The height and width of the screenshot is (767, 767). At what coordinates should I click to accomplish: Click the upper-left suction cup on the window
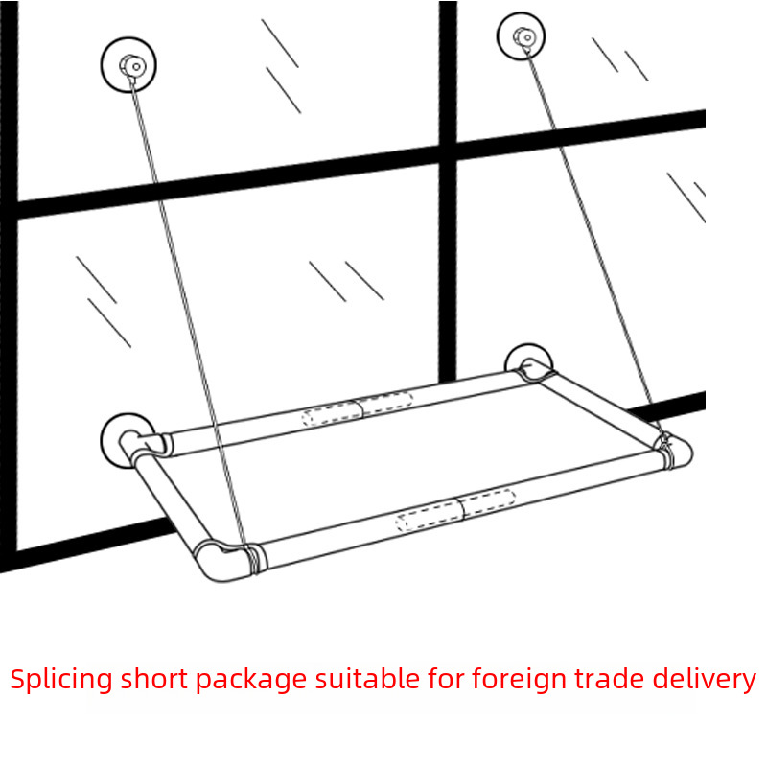128,64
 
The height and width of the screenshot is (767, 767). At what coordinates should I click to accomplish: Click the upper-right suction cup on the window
523,36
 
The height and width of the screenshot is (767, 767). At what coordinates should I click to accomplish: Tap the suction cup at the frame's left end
126,439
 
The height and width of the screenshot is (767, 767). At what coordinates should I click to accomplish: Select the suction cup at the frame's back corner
527,362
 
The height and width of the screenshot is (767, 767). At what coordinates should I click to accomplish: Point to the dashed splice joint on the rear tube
358,408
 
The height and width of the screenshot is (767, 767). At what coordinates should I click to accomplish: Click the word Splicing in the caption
60,680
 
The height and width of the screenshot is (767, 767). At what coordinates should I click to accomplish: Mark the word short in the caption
153,680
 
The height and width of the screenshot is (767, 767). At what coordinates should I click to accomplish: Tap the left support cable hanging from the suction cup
182,288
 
